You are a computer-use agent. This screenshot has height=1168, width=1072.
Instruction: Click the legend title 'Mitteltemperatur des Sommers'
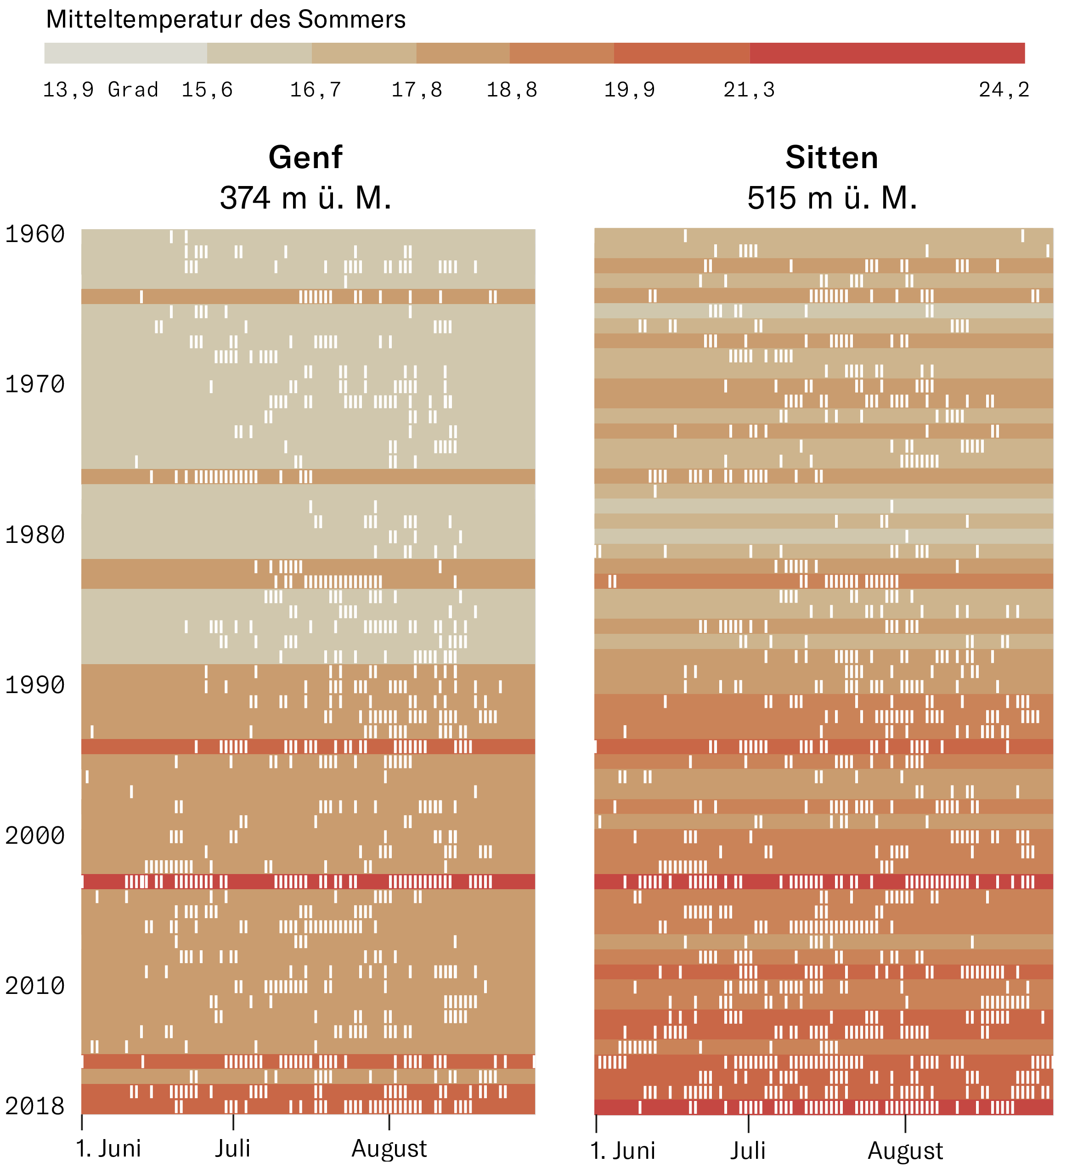click(x=226, y=20)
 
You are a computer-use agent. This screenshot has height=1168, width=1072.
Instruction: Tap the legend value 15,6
click(x=207, y=90)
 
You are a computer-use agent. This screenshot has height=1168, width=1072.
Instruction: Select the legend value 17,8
click(x=417, y=90)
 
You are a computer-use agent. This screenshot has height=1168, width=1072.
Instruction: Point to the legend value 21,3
click(x=749, y=90)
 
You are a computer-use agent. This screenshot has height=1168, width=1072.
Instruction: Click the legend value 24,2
click(x=1004, y=90)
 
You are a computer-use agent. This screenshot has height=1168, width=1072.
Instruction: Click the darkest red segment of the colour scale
click(x=887, y=53)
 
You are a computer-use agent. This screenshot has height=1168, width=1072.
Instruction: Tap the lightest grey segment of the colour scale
click(x=125, y=53)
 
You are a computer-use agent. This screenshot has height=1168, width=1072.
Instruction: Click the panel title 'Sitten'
click(x=831, y=158)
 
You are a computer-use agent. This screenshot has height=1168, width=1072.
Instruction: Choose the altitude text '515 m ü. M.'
click(x=832, y=198)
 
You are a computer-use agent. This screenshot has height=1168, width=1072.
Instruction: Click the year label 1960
click(x=35, y=234)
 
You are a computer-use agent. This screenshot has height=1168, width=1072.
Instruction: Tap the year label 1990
click(x=35, y=685)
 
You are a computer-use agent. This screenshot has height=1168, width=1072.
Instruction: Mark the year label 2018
click(x=35, y=1106)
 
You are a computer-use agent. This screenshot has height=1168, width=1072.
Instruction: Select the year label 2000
click(x=35, y=835)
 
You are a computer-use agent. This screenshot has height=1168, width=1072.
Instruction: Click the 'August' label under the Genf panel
click(x=389, y=1148)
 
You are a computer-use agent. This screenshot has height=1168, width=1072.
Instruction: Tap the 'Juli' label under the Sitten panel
click(x=748, y=1151)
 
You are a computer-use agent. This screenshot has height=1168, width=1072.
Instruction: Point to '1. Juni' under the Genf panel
click(x=108, y=1148)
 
